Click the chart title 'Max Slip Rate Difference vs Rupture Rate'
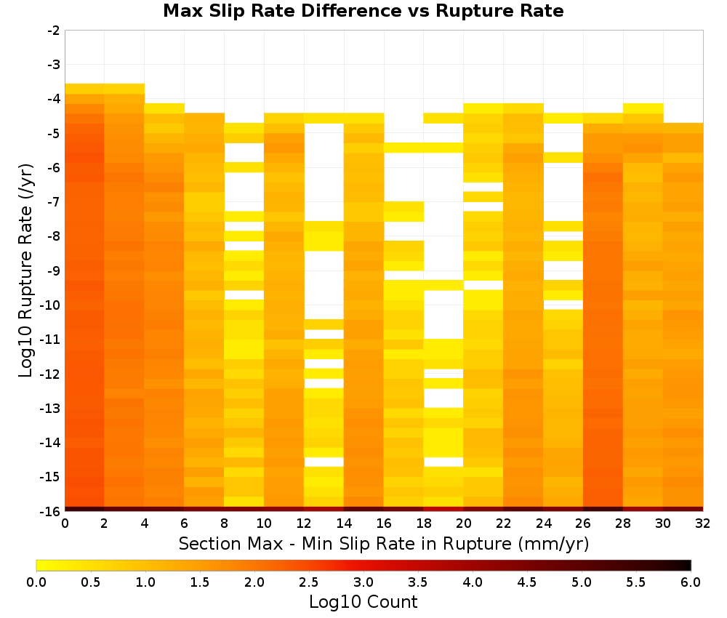363,11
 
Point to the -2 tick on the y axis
54,31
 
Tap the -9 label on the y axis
54,270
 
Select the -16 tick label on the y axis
51,511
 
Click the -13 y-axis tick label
51,408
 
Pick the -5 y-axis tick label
54,134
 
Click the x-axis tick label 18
424,523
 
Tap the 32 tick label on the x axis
703,523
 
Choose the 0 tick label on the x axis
65,523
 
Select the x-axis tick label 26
583,523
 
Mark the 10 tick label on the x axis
265,523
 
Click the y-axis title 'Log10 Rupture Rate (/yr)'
25,270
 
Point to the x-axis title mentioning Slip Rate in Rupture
384,543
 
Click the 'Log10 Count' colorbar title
363,602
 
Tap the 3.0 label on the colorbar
363,582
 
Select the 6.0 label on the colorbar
691,582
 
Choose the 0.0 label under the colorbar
36,582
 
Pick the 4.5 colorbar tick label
527,582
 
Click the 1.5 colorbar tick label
200,582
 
